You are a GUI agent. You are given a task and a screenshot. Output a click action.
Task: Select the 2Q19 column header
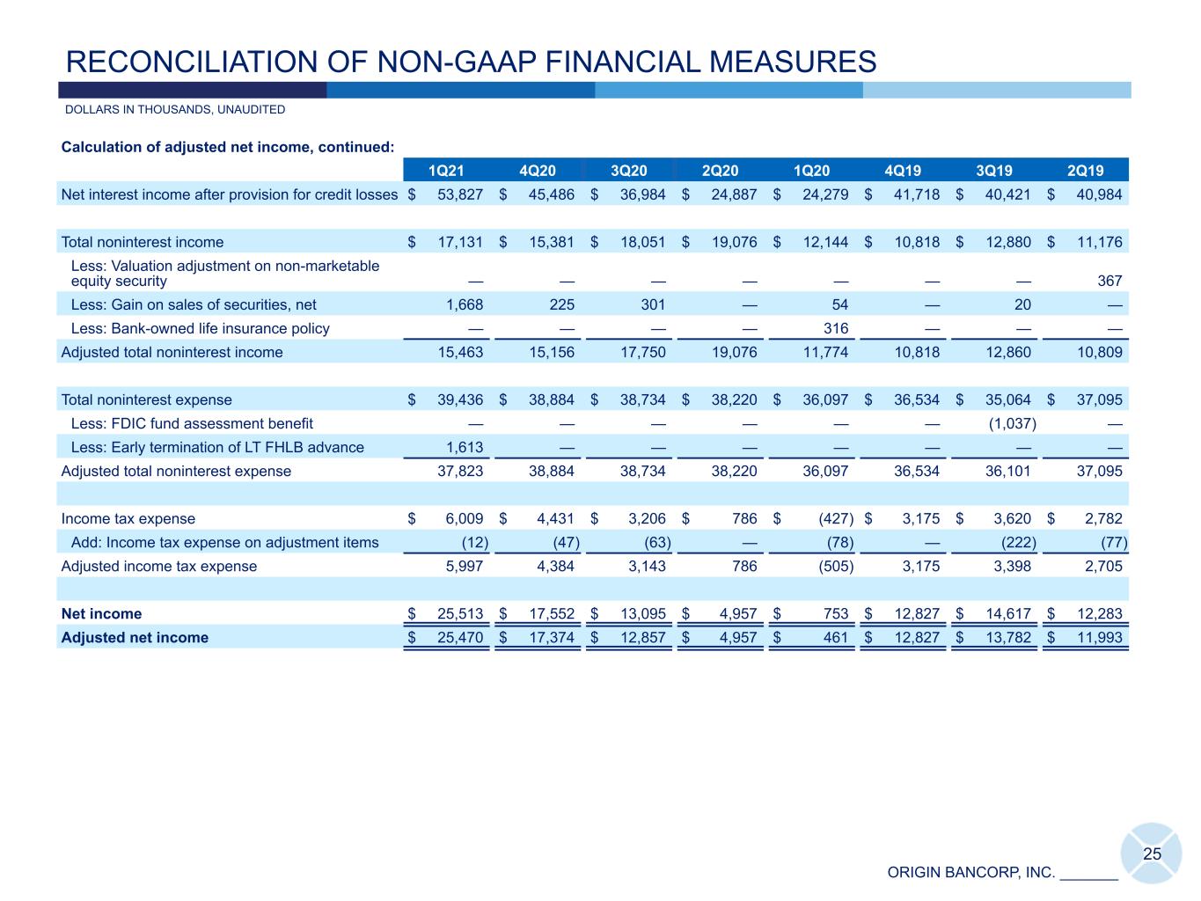point(1085,171)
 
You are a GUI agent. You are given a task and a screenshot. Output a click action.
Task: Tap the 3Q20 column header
point(629,171)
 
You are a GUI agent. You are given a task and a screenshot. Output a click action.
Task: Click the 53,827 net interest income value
point(460,194)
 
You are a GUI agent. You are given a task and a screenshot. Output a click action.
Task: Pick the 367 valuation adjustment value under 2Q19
point(1109,281)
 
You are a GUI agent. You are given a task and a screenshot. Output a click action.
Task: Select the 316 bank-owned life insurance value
point(836,328)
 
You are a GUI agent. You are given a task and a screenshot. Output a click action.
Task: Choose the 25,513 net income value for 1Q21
point(460,613)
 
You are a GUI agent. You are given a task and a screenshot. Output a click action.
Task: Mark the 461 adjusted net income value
point(836,637)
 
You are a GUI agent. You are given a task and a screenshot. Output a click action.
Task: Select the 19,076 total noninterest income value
point(734,242)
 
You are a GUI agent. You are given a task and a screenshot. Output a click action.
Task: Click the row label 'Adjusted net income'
point(135,637)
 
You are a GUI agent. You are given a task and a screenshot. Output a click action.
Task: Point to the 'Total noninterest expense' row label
point(147,399)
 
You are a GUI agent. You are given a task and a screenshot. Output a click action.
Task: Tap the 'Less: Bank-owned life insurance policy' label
point(200,328)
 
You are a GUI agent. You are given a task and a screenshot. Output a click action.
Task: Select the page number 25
point(1152,853)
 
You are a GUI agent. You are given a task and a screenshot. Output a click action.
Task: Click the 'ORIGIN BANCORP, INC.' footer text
point(970,872)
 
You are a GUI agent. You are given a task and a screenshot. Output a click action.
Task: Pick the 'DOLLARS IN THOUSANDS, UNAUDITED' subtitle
point(175,110)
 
